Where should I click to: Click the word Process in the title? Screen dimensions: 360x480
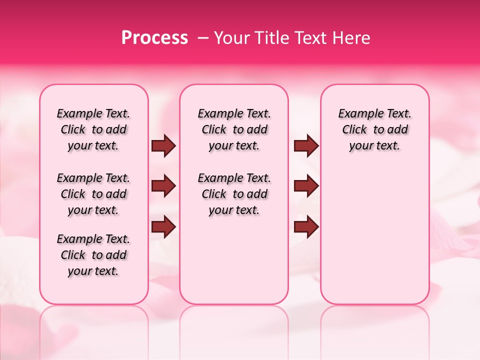click(154, 38)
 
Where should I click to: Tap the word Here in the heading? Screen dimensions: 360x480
click(352, 38)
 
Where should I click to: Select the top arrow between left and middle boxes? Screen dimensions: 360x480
click(163, 145)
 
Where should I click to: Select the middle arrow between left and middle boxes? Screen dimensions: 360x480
click(163, 186)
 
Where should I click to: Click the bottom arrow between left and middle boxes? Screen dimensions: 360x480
click(163, 226)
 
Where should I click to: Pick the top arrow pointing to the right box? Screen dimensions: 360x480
click(306, 145)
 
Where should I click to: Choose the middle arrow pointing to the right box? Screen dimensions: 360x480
click(306, 186)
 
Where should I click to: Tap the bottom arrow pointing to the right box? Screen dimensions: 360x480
click(306, 226)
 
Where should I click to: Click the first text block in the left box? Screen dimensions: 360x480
click(93, 129)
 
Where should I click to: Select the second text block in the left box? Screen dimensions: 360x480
click(93, 194)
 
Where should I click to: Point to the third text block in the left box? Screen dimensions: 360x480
click(93, 255)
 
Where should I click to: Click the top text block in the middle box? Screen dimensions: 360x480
click(234, 129)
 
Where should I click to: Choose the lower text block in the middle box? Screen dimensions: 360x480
click(234, 194)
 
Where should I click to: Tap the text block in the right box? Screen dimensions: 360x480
click(374, 129)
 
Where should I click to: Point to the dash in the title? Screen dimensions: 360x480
click(203, 38)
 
